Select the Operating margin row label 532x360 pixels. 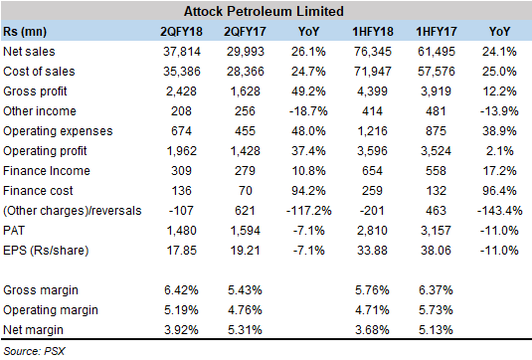[x=48, y=311]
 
